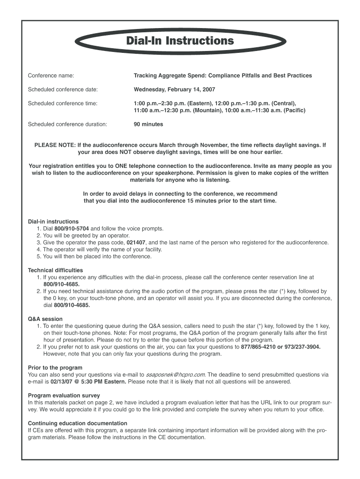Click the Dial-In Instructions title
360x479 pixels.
pyautogui.click(x=180, y=41)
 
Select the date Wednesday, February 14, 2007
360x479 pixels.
pyautogui.click(x=174, y=89)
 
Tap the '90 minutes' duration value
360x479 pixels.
pyautogui.click(x=148, y=124)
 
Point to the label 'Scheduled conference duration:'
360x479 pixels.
pyautogui.click(x=67, y=124)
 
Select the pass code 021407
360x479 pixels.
pyautogui.click(x=137, y=243)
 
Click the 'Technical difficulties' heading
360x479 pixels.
pyautogui.click(x=55, y=270)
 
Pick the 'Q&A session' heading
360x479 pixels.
pyautogui.click(x=45, y=319)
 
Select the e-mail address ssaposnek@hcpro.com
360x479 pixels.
pyautogui.click(x=176, y=375)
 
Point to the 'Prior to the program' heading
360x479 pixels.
pyautogui.click(x=55, y=368)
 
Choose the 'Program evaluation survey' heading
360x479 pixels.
pyautogui.click(x=64, y=396)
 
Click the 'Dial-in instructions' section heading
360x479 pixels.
pyautogui.click(x=53, y=222)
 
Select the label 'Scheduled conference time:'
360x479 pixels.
pyautogui.click(x=63, y=103)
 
